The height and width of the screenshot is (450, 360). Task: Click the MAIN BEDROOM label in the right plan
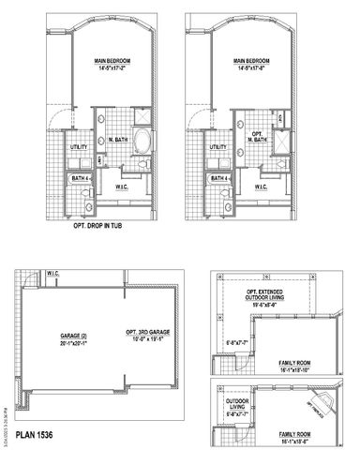(x=255, y=62)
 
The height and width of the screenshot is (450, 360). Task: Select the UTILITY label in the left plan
(x=80, y=147)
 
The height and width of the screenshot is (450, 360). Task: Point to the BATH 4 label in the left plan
(x=81, y=177)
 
